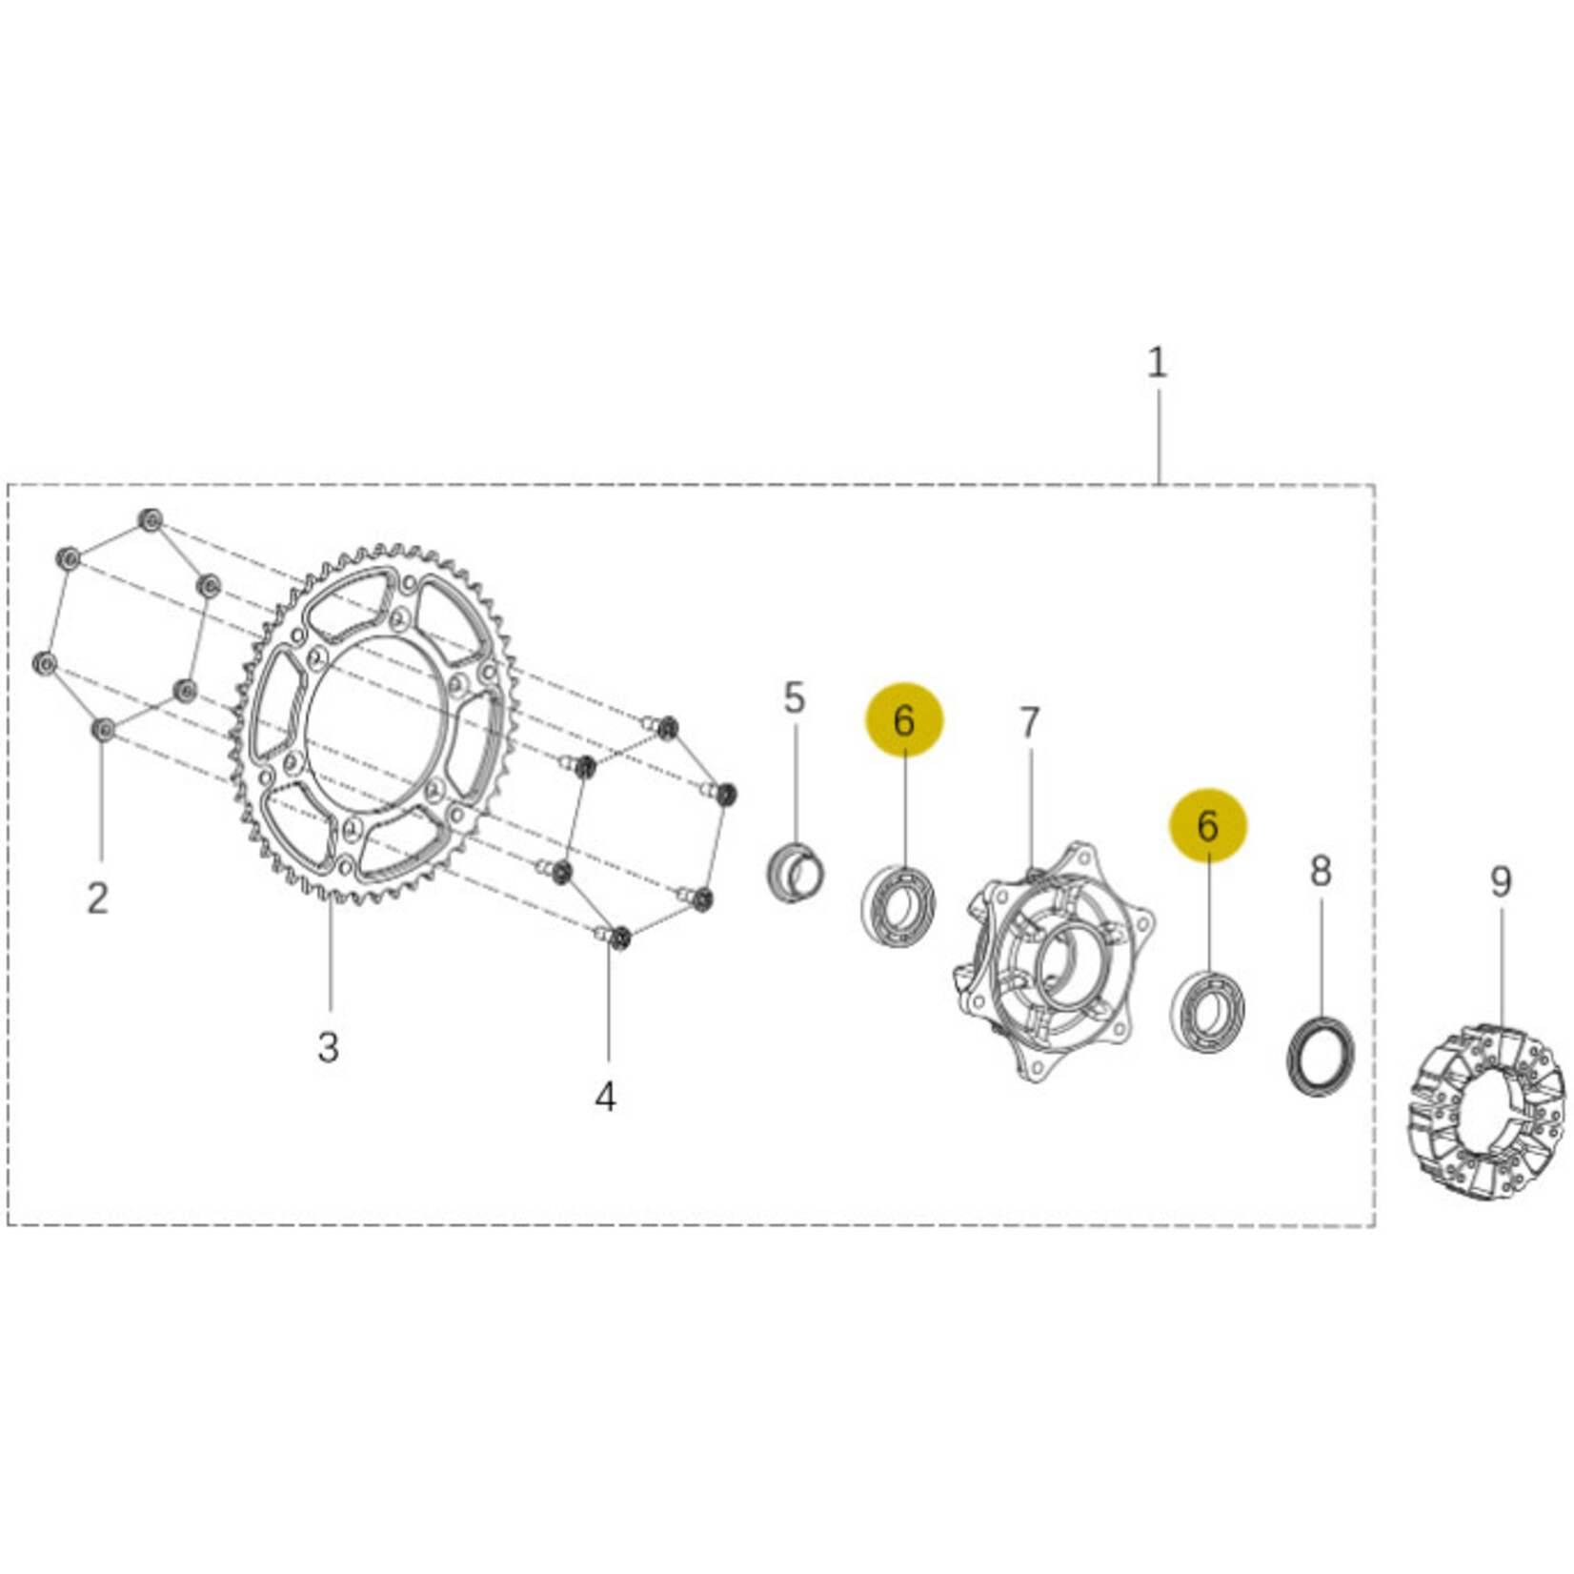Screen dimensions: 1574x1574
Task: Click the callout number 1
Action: pos(1157,363)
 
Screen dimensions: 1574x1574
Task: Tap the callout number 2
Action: pos(98,898)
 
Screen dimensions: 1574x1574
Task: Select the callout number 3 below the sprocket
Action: pos(329,1047)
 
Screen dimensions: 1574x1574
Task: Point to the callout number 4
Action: pos(606,1098)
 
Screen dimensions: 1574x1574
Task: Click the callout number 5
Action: pos(795,698)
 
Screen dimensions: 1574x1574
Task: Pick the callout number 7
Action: pos(1029,723)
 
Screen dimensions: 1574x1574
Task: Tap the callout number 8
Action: pos(1320,870)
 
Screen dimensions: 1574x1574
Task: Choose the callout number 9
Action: pos(1501,881)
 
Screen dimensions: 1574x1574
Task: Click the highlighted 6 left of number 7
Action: pos(903,720)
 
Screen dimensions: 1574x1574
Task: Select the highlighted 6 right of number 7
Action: pos(1207,825)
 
